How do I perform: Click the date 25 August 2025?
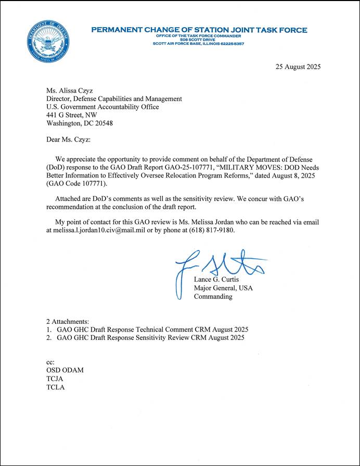[x=298, y=67]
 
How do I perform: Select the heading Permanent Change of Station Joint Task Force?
[x=199, y=30]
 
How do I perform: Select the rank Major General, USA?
[x=223, y=288]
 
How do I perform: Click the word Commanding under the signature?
[x=213, y=296]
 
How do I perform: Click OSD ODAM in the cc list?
[x=65, y=370]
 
